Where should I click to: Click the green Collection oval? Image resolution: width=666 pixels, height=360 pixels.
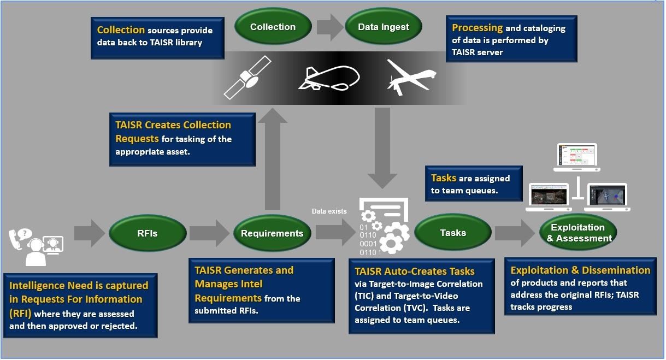[x=273, y=27]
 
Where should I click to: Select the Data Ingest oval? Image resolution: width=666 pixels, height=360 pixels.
[x=383, y=27]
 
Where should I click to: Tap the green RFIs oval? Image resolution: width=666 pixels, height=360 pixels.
[x=147, y=233]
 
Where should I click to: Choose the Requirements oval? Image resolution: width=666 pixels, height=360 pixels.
[x=272, y=233]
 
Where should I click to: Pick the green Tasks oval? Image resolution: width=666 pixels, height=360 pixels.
[x=453, y=233]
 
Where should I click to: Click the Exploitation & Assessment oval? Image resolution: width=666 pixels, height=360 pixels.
[x=577, y=233]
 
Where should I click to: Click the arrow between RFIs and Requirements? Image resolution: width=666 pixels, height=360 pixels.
[x=209, y=233]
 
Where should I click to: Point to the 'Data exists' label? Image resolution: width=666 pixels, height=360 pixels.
[x=329, y=211]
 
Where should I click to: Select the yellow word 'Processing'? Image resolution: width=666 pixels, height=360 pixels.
[x=477, y=27]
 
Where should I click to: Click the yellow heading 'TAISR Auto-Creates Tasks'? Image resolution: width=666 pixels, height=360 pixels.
[x=415, y=272]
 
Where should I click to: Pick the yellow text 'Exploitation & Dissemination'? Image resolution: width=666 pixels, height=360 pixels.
[x=580, y=270]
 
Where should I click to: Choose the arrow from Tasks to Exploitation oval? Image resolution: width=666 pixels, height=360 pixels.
[x=514, y=233]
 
